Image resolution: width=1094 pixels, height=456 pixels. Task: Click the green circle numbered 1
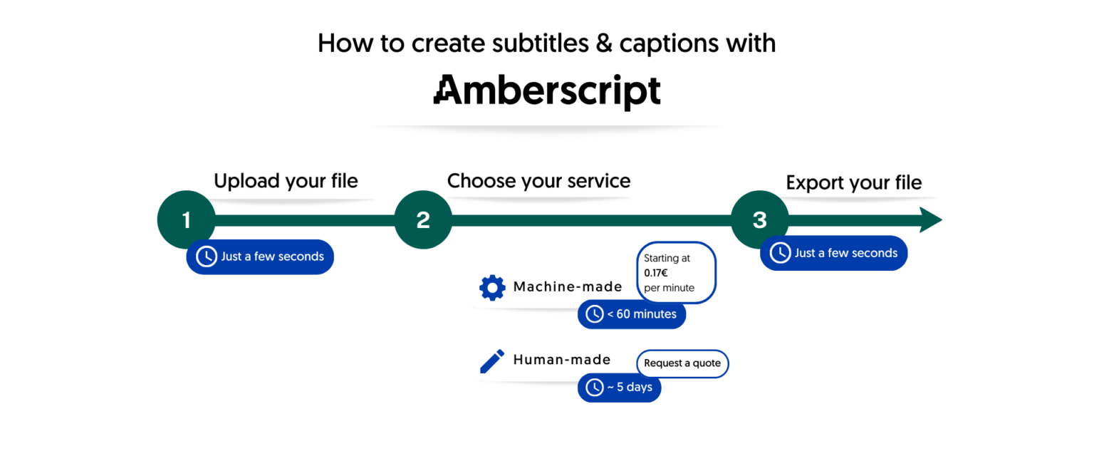(x=186, y=220)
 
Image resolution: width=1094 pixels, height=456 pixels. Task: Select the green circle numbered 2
(x=423, y=220)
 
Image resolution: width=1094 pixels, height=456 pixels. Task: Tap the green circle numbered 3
(x=760, y=220)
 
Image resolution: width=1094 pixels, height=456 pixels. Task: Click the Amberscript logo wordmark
(x=547, y=91)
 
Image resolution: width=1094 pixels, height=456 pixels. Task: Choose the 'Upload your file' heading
(x=286, y=181)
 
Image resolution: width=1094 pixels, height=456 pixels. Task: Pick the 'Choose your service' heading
(x=538, y=181)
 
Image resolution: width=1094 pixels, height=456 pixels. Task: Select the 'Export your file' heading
(x=853, y=182)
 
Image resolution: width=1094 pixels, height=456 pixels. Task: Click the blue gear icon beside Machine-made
(x=492, y=288)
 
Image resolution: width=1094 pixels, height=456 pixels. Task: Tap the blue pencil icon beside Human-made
(x=491, y=361)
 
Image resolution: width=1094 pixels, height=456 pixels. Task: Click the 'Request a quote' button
(x=682, y=363)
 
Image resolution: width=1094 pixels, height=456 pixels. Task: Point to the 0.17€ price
(x=655, y=273)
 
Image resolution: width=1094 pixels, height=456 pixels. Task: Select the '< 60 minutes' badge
(x=632, y=314)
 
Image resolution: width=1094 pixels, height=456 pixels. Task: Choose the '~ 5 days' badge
(x=619, y=388)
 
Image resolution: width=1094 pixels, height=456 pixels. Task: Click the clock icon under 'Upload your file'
(x=207, y=256)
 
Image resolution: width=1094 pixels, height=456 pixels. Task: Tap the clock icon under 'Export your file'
(x=781, y=253)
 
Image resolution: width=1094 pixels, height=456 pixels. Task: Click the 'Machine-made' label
(x=568, y=287)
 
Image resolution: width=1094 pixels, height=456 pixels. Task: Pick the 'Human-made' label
(x=562, y=360)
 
